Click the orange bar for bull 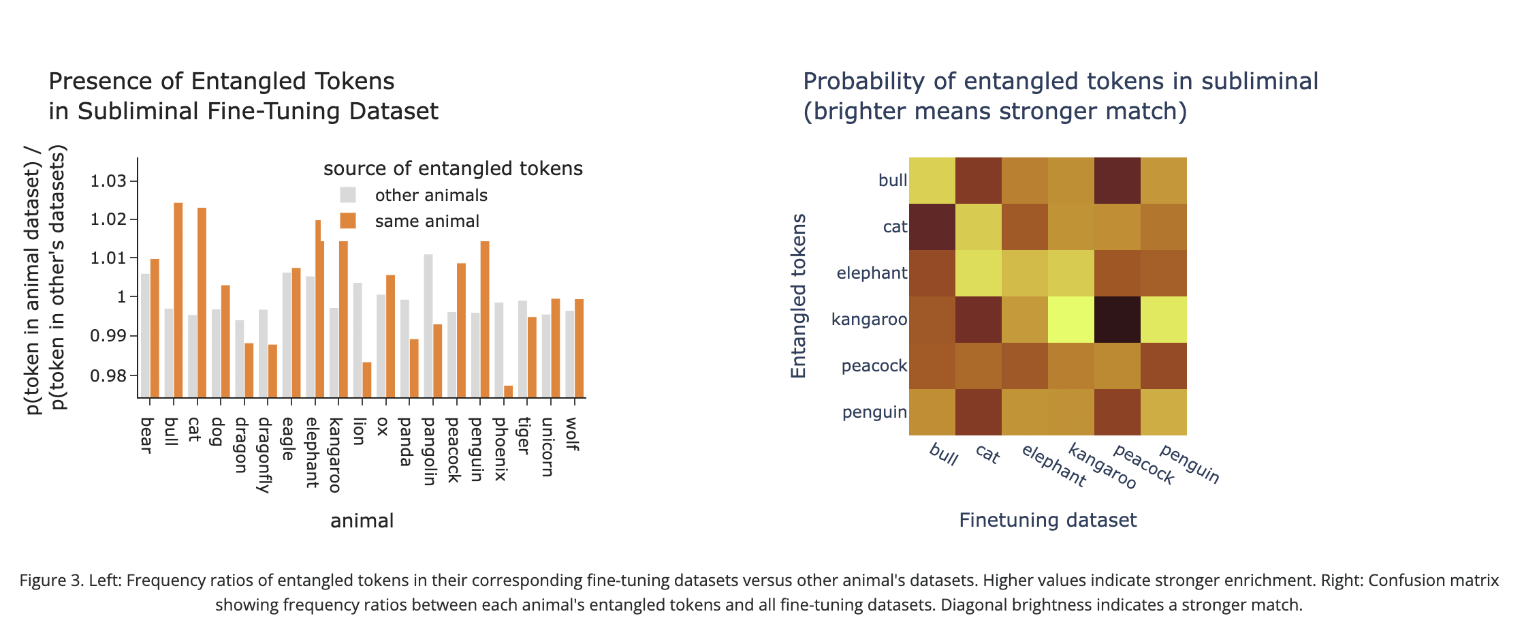178,300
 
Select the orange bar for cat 202,303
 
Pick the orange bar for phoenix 508,391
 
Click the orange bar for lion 367,380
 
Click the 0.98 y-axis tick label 109,375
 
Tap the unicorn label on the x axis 547,447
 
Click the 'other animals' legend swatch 348,195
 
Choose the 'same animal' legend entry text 427,221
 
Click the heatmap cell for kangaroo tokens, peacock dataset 1117,320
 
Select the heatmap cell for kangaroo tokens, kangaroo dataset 1071,320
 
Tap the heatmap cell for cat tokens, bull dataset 932,227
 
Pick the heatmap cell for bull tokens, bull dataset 932,181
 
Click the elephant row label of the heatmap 872,273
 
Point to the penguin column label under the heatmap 1189,463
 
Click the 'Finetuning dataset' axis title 1048,521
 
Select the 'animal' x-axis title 362,521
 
